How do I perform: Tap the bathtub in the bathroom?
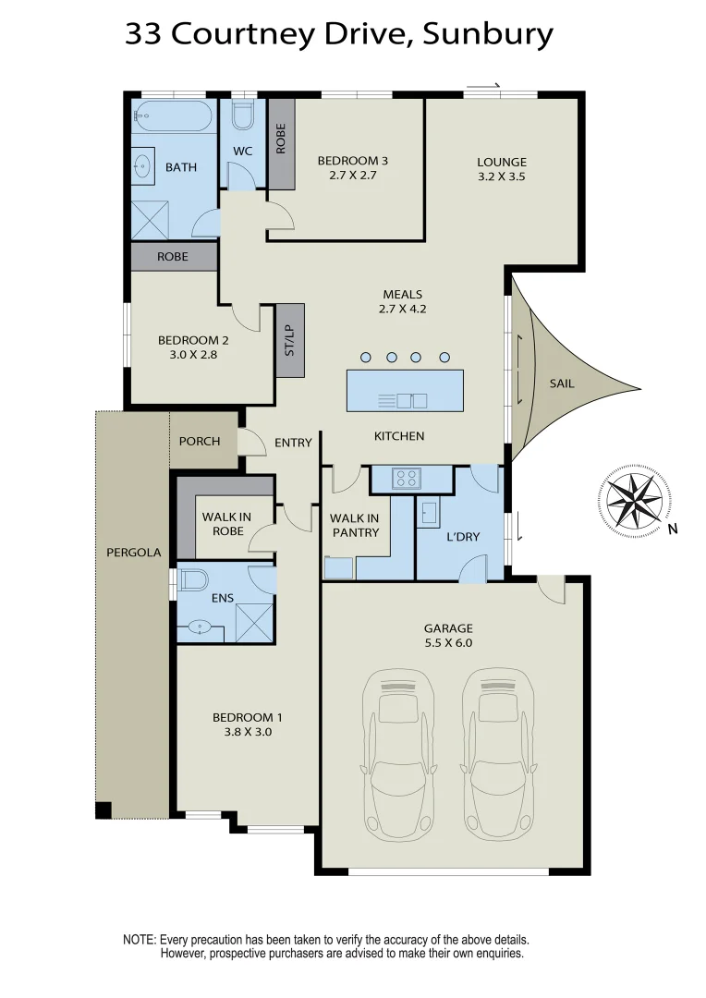(172, 116)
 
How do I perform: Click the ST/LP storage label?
(290, 340)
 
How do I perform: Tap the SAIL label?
(561, 383)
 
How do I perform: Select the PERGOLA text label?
(133, 553)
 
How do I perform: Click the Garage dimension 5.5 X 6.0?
(448, 643)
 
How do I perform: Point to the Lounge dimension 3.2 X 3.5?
(502, 176)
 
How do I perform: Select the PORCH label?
(200, 441)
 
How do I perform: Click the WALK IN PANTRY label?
(355, 525)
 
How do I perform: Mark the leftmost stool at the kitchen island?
(366, 357)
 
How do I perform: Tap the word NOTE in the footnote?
(140, 939)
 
